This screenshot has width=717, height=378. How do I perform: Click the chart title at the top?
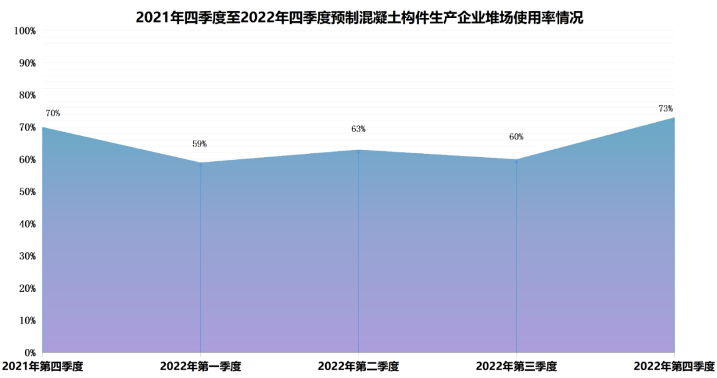coord(358,17)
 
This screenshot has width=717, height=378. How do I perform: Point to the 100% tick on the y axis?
coord(24,31)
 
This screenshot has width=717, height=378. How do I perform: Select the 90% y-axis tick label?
coord(26,63)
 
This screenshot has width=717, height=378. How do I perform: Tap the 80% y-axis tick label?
coord(26,95)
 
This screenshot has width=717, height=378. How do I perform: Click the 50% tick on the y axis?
coord(26,192)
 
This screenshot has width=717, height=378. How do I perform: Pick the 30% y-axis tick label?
coord(26,256)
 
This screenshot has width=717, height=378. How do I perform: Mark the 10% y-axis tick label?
coord(26,320)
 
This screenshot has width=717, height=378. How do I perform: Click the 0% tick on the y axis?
coord(29,352)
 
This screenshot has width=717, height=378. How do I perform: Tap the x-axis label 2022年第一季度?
coord(200,365)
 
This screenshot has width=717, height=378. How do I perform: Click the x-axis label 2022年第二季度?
coord(358,365)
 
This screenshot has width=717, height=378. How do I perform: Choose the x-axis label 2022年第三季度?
coord(517,365)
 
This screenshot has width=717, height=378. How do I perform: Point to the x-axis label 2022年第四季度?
coord(675,365)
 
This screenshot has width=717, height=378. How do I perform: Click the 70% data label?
coord(53,113)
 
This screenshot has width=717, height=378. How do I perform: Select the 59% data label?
coord(200,143)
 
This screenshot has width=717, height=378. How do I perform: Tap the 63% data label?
coord(358,129)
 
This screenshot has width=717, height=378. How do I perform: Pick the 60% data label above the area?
coord(517,137)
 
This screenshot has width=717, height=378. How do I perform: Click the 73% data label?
coord(666,108)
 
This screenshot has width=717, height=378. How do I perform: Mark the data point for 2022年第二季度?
coord(358,151)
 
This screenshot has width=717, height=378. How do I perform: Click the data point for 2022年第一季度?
coord(200,163)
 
